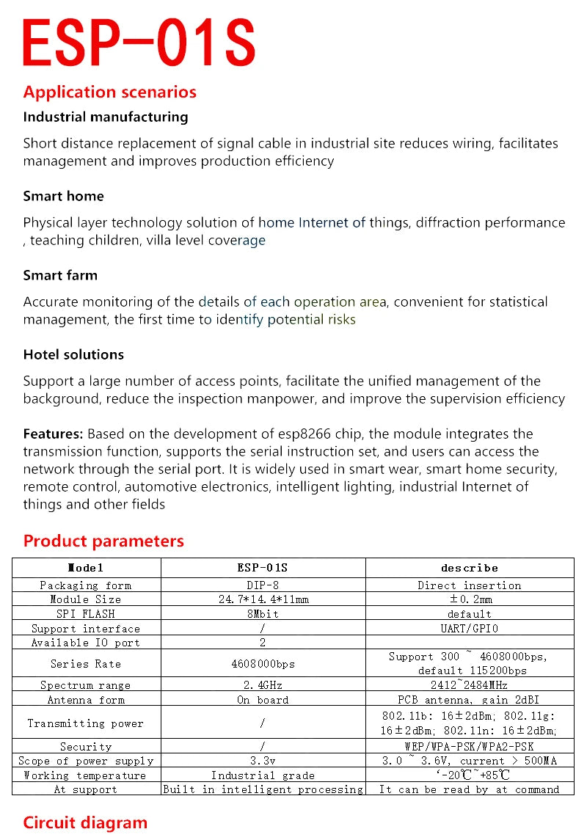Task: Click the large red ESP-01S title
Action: (x=139, y=43)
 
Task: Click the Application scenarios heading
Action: (x=110, y=92)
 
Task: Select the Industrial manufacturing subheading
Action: (x=106, y=117)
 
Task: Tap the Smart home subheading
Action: (x=64, y=196)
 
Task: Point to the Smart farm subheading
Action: (x=60, y=275)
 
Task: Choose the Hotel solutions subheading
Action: (x=73, y=354)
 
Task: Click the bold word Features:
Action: (x=53, y=434)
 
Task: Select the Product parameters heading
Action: (x=103, y=541)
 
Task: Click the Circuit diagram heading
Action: (x=85, y=822)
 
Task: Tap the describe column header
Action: (x=470, y=568)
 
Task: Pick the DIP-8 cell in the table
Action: (x=263, y=585)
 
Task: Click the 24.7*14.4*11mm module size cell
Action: (x=263, y=599)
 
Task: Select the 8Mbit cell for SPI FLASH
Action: (x=263, y=614)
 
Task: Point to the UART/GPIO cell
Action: (x=470, y=629)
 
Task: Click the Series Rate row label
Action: (x=86, y=664)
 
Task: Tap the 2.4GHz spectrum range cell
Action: (x=263, y=685)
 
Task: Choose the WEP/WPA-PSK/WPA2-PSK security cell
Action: (x=470, y=747)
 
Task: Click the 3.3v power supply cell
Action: (x=263, y=761)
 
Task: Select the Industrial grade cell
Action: (x=263, y=775)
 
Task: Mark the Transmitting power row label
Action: (x=86, y=723)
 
